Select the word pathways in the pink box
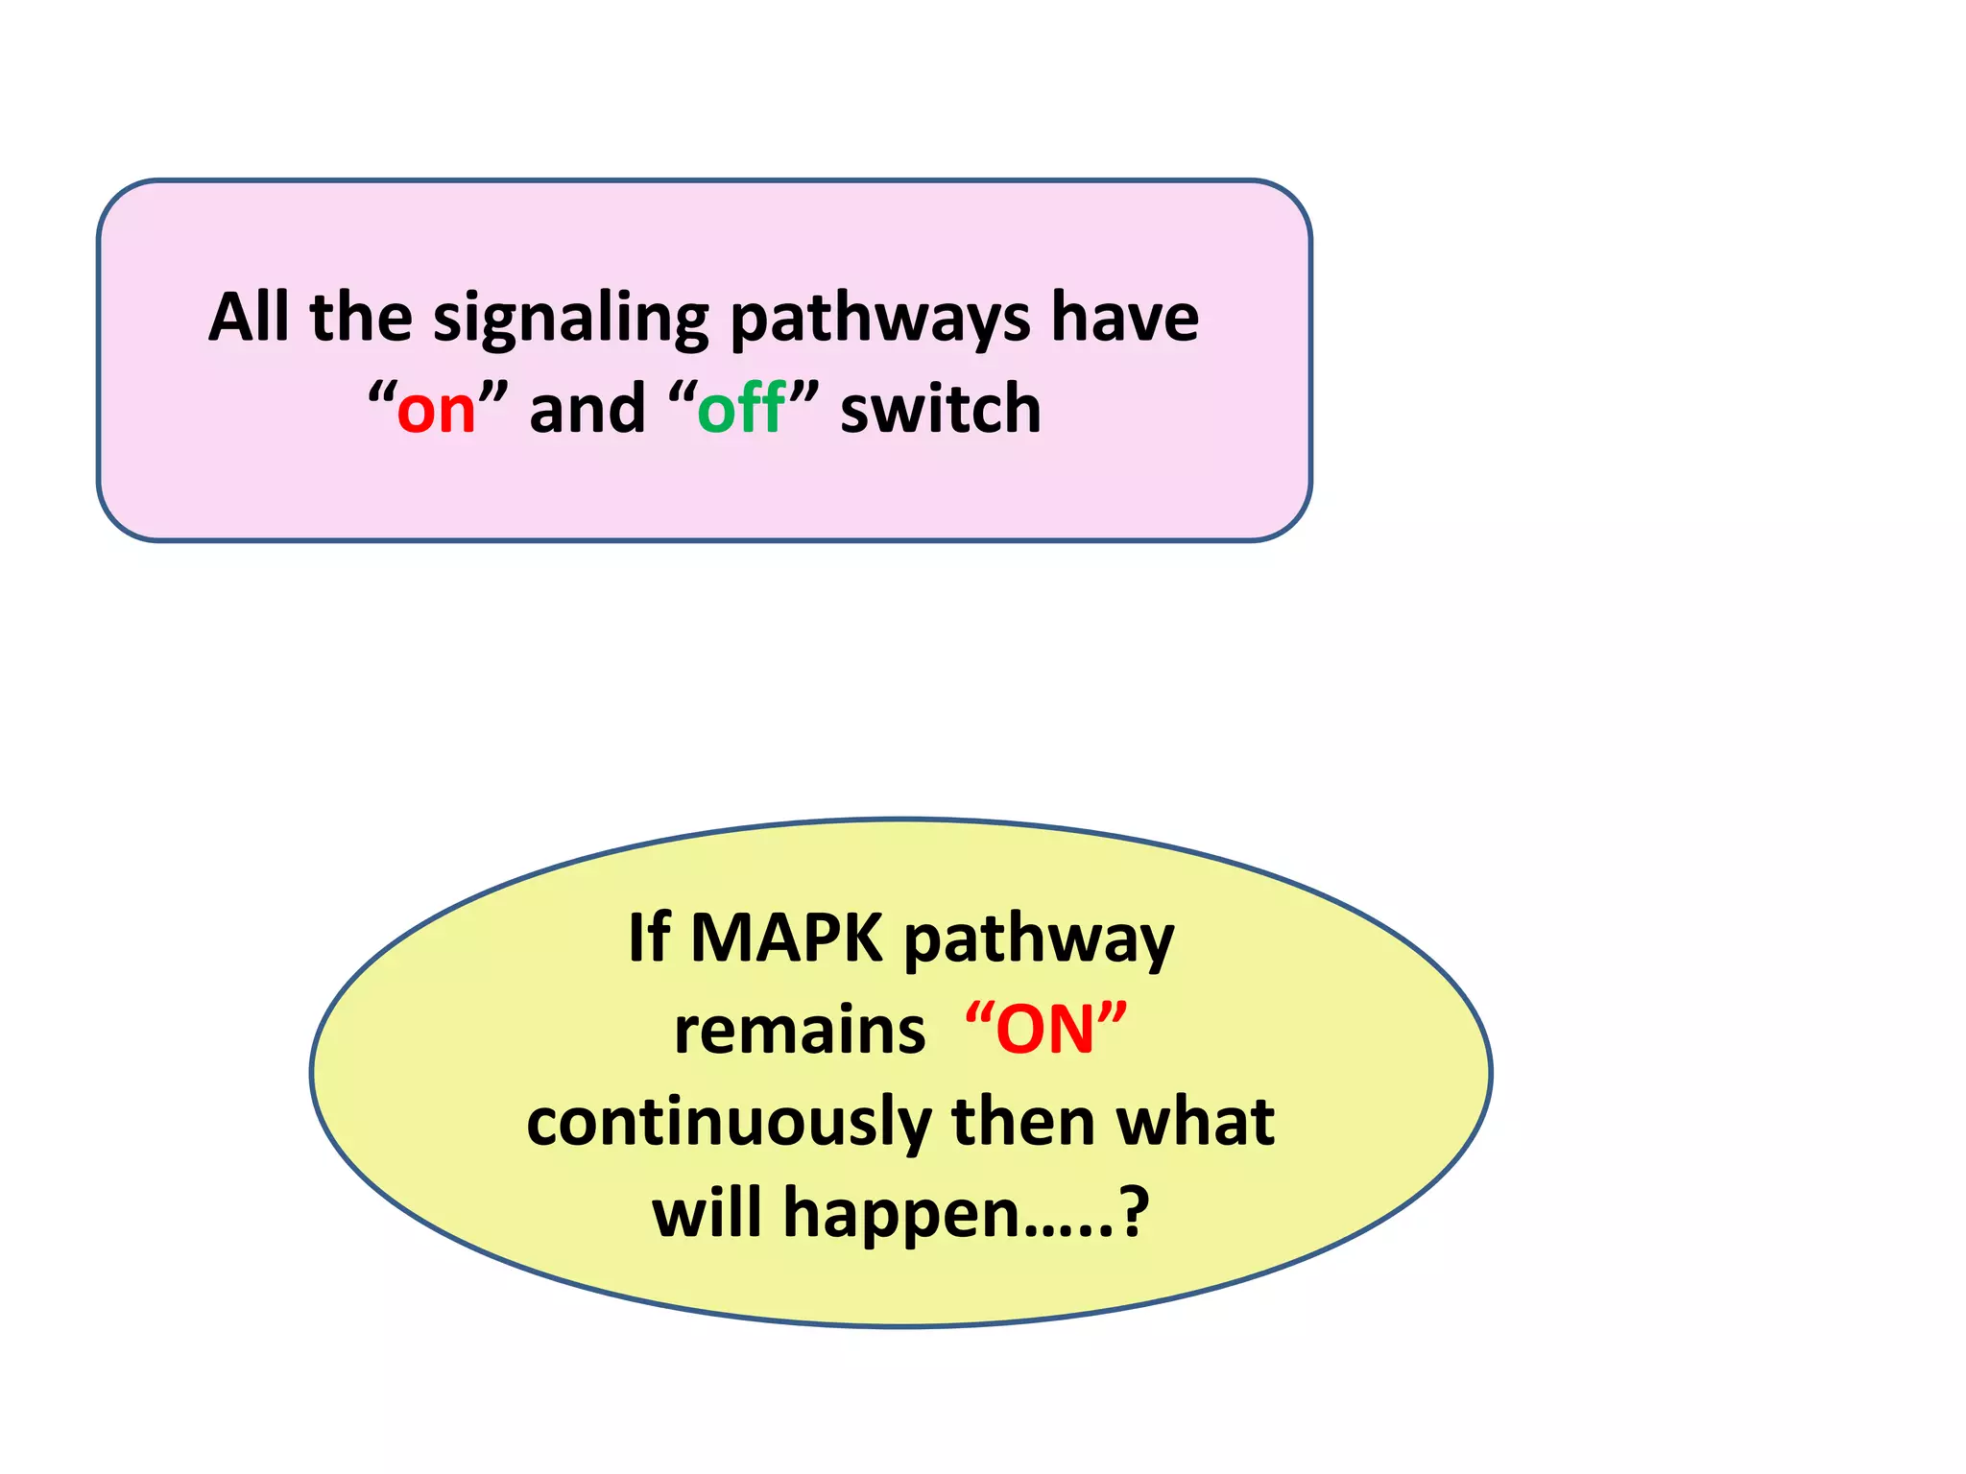(x=879, y=319)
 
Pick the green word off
(x=741, y=409)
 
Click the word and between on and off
(x=587, y=409)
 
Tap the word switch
(x=941, y=409)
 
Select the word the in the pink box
(x=361, y=317)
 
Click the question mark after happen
(x=1135, y=1213)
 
